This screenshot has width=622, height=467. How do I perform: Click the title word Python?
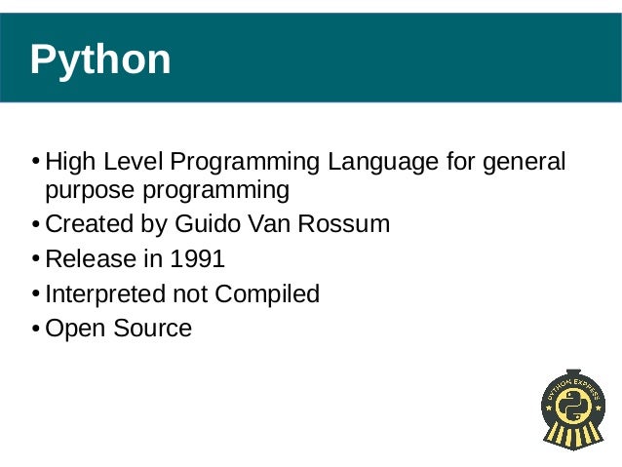100,60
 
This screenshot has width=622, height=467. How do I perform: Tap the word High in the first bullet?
67,161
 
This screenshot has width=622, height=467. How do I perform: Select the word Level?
129,161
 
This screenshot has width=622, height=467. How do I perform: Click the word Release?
89,259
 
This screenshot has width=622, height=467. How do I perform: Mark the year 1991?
197,259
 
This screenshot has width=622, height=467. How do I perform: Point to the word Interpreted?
105,293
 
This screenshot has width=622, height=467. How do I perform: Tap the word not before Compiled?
190,293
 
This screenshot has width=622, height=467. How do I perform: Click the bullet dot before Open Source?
36,330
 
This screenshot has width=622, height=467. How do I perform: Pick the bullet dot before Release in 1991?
36,260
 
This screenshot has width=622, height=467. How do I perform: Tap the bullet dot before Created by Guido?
36,225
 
